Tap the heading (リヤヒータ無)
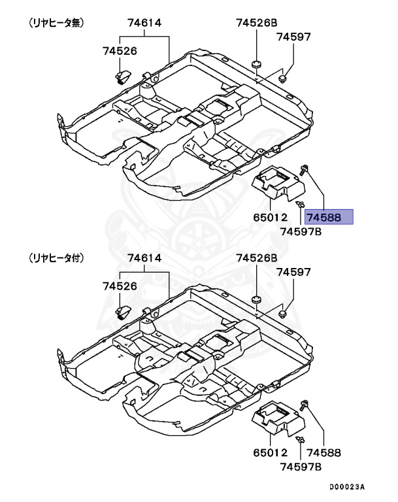[x=57, y=23]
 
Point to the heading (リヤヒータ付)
[x=57, y=258]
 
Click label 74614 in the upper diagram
[x=145, y=24]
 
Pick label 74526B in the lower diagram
[x=257, y=258]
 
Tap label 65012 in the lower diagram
[x=270, y=452]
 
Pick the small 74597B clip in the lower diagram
[x=300, y=439]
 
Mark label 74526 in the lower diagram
[x=120, y=286]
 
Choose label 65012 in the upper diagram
[x=270, y=217]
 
